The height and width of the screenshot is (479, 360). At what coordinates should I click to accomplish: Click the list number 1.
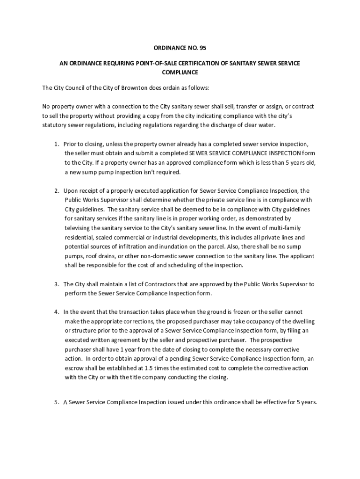(x=56, y=144)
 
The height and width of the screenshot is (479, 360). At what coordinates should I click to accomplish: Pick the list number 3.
(x=56, y=284)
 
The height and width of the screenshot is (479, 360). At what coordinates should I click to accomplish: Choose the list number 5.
(x=56, y=401)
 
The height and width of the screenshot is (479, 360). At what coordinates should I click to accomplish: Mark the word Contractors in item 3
(x=137, y=284)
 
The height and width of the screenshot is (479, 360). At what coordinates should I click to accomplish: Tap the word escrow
(x=75, y=368)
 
